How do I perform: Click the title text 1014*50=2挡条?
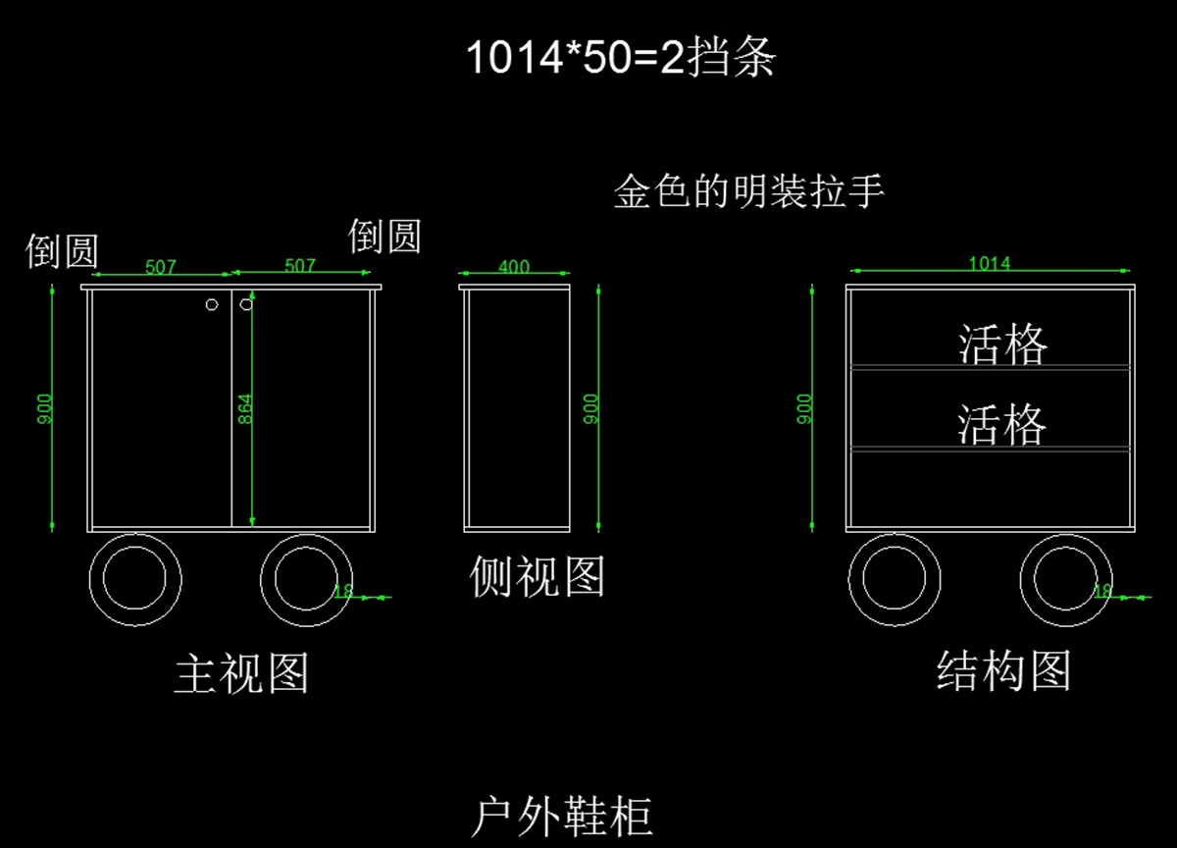tap(620, 59)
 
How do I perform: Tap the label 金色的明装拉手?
tap(749, 191)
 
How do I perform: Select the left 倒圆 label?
tap(62, 251)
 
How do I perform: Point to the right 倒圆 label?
tap(384, 237)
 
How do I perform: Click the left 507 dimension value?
tap(161, 266)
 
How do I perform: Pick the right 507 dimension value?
tap(300, 265)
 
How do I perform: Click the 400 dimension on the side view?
tap(514, 266)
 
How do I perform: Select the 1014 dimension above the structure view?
tap(990, 263)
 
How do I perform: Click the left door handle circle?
tap(212, 304)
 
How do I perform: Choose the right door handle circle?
tap(246, 304)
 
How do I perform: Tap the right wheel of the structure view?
tap(1066, 579)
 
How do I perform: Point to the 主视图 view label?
tap(241, 674)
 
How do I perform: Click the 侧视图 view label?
tap(537, 576)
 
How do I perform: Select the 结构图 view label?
tap(1003, 671)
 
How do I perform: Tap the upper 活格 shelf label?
tap(1002, 344)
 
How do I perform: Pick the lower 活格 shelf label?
tap(1002, 425)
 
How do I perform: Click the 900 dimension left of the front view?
tap(44, 408)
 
